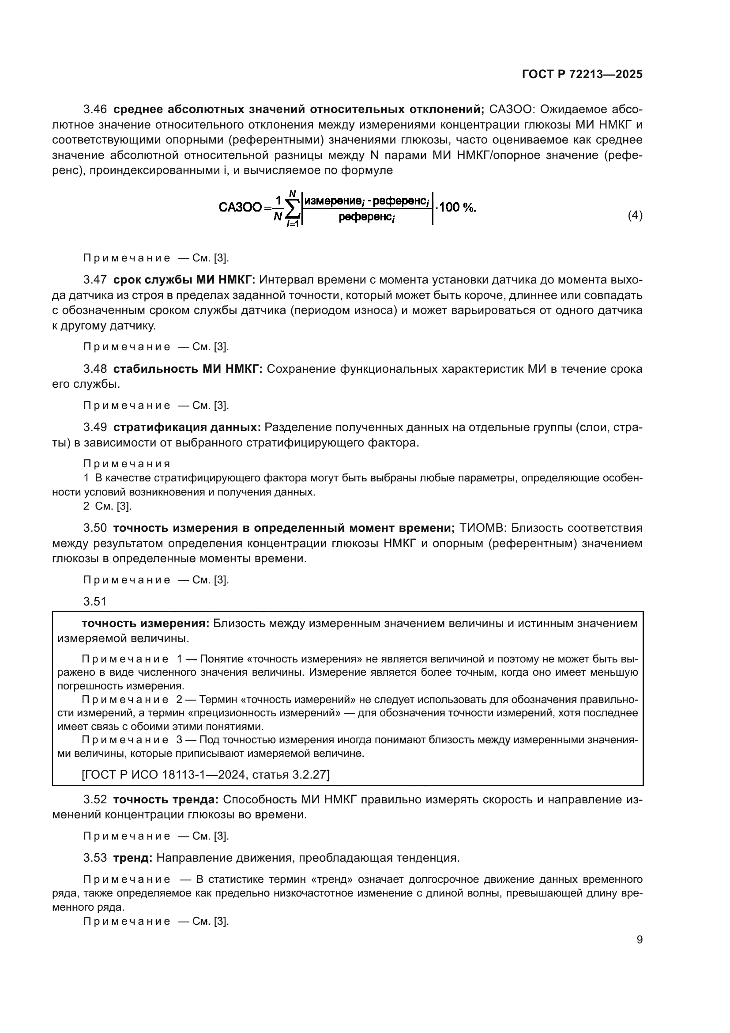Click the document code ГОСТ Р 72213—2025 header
pyautogui.click(x=582, y=75)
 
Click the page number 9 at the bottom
pyautogui.click(x=639, y=940)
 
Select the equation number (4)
pyautogui.click(x=635, y=216)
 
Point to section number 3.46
pyautogui.click(x=95, y=110)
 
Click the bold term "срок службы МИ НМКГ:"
pyautogui.click(x=184, y=280)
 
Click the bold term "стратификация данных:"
pyautogui.click(x=187, y=428)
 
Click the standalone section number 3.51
pyautogui.click(x=95, y=602)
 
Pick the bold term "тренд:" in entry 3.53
pyautogui.click(x=132, y=858)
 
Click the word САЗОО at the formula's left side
pyautogui.click(x=240, y=208)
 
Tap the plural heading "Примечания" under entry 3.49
pyautogui.click(x=127, y=464)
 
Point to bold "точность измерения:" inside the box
pyautogui.click(x=145, y=624)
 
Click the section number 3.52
pyautogui.click(x=95, y=799)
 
